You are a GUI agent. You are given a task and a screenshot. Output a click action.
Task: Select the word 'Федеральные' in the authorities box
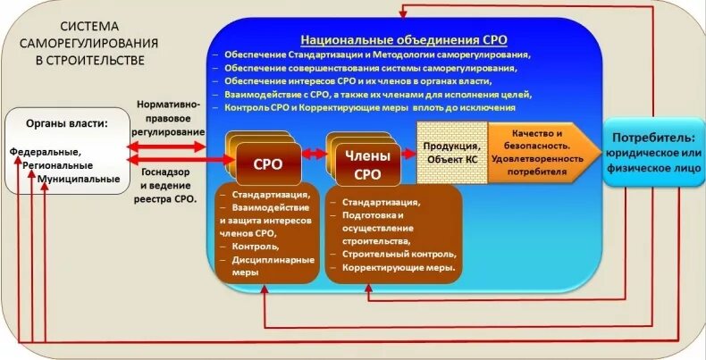coord(46,152)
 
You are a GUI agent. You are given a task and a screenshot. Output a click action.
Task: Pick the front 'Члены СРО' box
coord(361,163)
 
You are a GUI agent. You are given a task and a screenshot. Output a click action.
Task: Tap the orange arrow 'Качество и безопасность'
coord(540,152)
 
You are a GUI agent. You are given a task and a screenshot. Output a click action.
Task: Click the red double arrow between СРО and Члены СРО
coord(313,154)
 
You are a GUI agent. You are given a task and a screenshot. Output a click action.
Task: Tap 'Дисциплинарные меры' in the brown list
coord(266,265)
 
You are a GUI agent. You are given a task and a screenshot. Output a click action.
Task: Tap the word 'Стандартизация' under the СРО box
coord(271,194)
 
